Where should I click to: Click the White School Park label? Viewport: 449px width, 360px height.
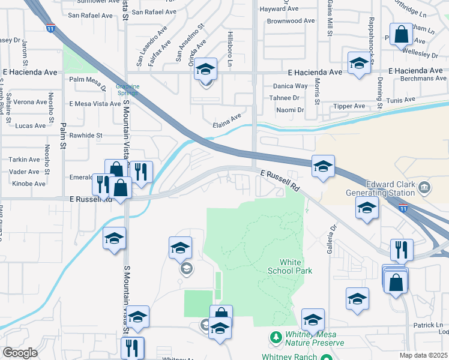(x=297, y=266)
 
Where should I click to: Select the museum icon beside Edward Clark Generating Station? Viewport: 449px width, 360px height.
(x=424, y=187)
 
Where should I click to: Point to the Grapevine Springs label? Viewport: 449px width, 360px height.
(x=127, y=90)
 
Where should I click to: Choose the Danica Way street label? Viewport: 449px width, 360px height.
(x=291, y=86)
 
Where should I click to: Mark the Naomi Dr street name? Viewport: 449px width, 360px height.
(x=290, y=110)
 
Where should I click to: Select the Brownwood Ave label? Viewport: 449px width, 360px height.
(x=291, y=20)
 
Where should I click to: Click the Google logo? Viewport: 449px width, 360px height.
(x=20, y=353)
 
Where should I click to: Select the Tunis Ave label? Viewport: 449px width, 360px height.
(x=400, y=101)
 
